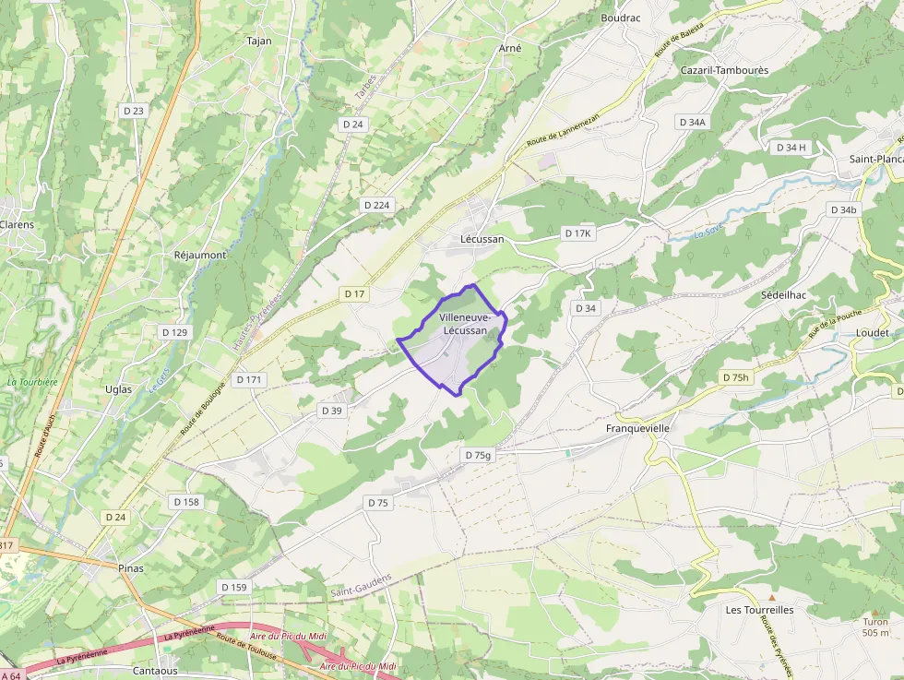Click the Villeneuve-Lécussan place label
tap(464, 324)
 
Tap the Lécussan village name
tap(482, 239)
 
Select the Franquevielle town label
tap(637, 429)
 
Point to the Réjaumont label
tap(200, 255)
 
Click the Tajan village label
tap(259, 42)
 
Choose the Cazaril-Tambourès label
tap(724, 70)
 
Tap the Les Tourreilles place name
tap(759, 610)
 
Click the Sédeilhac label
tap(784, 295)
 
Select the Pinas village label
tap(131, 568)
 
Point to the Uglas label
tap(119, 389)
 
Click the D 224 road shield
tap(376, 205)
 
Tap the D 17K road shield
tap(578, 233)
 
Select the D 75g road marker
tap(479, 455)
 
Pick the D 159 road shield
tap(234, 587)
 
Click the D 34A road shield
tap(692, 122)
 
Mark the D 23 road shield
tap(134, 111)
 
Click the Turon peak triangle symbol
tap(875, 612)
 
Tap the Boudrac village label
tap(621, 18)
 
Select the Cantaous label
tap(155, 671)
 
